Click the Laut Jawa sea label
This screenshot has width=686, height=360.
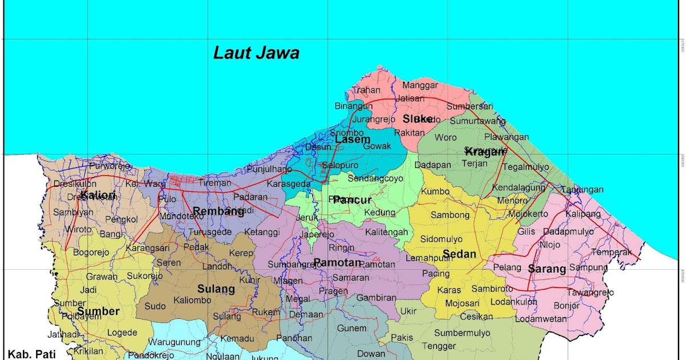[x=256, y=53]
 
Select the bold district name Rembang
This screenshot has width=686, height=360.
[x=218, y=210]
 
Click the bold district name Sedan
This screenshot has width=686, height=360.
[x=459, y=254]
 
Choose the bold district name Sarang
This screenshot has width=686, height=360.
[x=547, y=269]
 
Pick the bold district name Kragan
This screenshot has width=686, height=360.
[x=485, y=151]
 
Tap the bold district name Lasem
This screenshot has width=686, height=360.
[x=352, y=139]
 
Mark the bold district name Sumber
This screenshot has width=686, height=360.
[x=98, y=311]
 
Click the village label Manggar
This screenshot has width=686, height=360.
[x=420, y=85]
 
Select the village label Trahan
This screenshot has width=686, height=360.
[x=366, y=90]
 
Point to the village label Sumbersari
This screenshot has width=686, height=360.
[x=470, y=106]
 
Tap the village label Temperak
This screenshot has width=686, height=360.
[x=612, y=252]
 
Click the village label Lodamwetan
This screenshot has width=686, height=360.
[x=538, y=319]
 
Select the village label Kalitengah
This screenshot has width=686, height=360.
[x=387, y=232]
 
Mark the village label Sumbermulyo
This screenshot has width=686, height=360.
[x=462, y=333]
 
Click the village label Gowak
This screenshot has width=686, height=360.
[x=377, y=146]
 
